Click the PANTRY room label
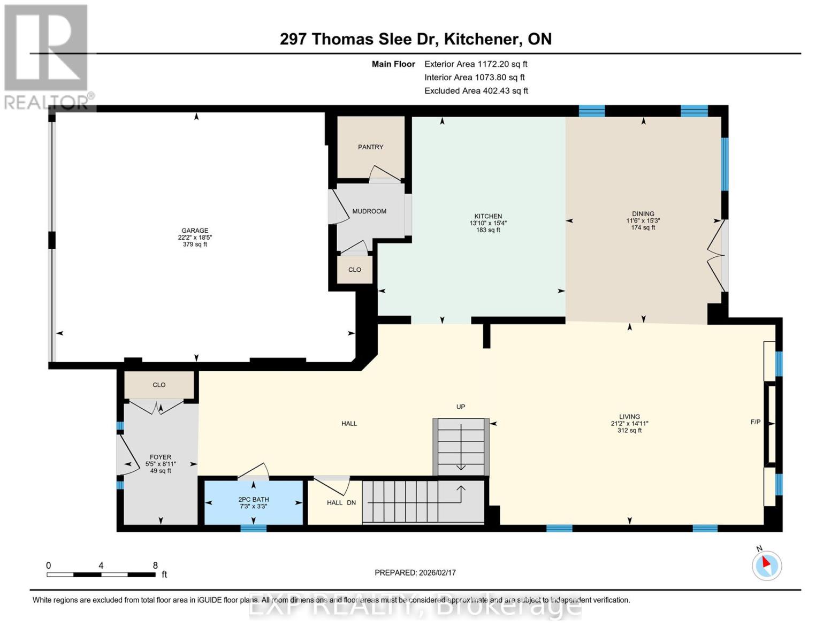(x=370, y=147)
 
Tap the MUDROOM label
(x=369, y=211)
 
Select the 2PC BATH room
(x=253, y=502)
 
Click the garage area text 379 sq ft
(x=195, y=244)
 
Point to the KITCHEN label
(x=488, y=216)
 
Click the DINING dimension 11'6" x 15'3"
(x=643, y=220)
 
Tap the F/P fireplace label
(x=756, y=422)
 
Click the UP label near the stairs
(x=461, y=407)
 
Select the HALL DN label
(x=341, y=503)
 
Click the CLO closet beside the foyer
(x=159, y=385)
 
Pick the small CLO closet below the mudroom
(x=355, y=270)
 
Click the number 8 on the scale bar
(x=155, y=565)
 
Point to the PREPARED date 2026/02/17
(x=415, y=572)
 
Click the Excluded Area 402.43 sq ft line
(x=476, y=91)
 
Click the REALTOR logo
(x=47, y=56)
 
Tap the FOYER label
(x=161, y=457)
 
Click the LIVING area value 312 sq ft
(x=629, y=430)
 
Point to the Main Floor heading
(x=393, y=64)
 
